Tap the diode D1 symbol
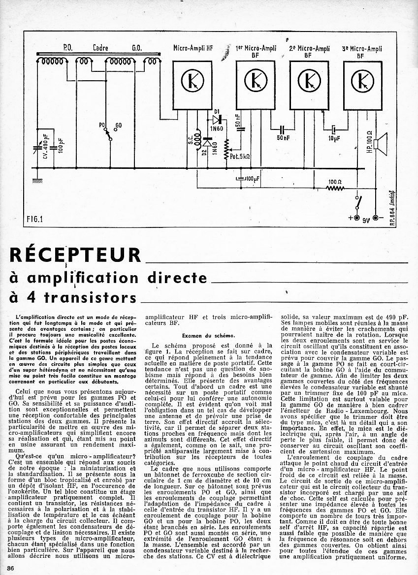216,120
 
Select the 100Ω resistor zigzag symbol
335,188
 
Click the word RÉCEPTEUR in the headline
75,255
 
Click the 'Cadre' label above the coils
100,48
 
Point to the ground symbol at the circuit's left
36,181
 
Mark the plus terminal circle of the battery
356,218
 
